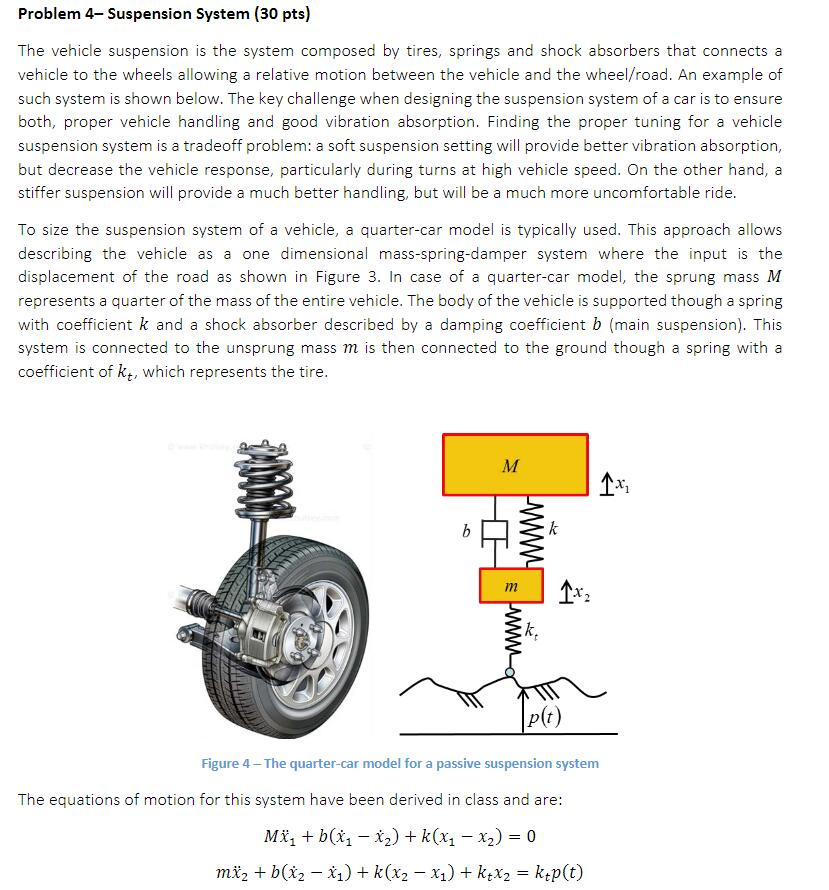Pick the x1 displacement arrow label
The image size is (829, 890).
pos(613,484)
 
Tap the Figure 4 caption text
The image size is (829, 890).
pos(400,763)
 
